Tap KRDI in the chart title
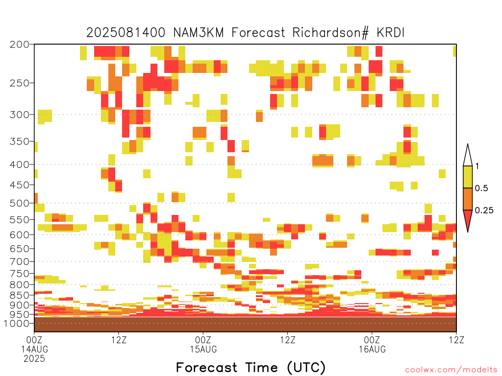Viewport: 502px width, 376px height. pos(391,33)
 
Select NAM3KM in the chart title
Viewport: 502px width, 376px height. pos(198,33)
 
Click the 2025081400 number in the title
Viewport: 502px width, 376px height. pos(126,33)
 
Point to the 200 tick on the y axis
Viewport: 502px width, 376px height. pos(19,45)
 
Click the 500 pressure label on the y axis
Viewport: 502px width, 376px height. pos(19,203)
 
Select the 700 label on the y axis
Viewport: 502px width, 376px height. pos(19,261)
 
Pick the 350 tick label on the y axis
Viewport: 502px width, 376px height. pos(19,141)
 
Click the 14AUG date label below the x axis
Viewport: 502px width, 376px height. pos(34,349)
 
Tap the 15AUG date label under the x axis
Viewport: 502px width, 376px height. pos(203,349)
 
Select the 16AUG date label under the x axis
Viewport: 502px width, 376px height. pos(372,349)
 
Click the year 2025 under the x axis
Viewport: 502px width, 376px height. pos(34,359)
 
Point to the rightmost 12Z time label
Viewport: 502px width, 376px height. pos(456,340)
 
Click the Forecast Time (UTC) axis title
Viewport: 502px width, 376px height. pos(251,367)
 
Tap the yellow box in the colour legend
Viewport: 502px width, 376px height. pos(468,177)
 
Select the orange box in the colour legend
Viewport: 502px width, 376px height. pos(468,199)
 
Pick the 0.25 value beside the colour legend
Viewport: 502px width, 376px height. pos(484,211)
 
